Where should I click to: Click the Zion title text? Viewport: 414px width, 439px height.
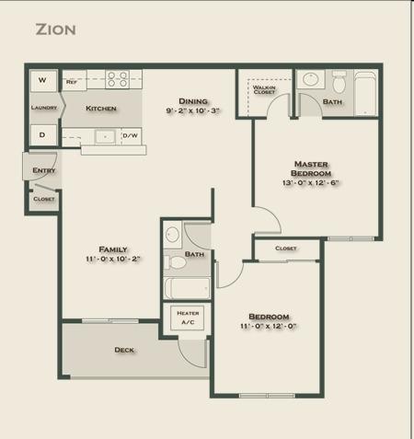coord(55,29)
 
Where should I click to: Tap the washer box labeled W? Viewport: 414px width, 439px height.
coord(43,81)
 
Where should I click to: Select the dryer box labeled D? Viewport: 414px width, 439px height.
coord(43,135)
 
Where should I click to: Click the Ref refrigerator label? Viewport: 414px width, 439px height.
coord(72,82)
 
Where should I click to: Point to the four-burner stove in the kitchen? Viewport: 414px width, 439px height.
coord(118,79)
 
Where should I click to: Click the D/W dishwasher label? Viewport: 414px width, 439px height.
coord(130,135)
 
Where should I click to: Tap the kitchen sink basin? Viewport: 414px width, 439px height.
coord(105,137)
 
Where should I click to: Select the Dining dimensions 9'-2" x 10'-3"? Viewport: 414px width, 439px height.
coord(193,110)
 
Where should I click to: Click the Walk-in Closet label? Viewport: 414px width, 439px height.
coord(264,89)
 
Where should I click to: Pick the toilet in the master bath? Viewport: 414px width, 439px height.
coord(339,82)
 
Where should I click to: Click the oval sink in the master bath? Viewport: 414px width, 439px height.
coord(311,79)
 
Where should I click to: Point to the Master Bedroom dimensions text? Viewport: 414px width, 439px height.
coord(310,182)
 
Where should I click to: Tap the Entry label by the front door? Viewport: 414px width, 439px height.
coord(44,170)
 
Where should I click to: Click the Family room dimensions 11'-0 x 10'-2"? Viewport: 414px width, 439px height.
coord(113,259)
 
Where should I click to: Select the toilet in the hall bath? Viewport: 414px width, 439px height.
coord(175,262)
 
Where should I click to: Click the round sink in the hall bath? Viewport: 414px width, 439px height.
coord(172,235)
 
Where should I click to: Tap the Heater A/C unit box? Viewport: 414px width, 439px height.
coord(188,318)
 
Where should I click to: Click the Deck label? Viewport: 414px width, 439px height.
coord(124,350)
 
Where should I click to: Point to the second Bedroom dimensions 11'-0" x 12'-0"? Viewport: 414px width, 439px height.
coord(269,326)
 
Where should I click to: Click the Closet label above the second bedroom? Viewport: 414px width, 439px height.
coord(286,248)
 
